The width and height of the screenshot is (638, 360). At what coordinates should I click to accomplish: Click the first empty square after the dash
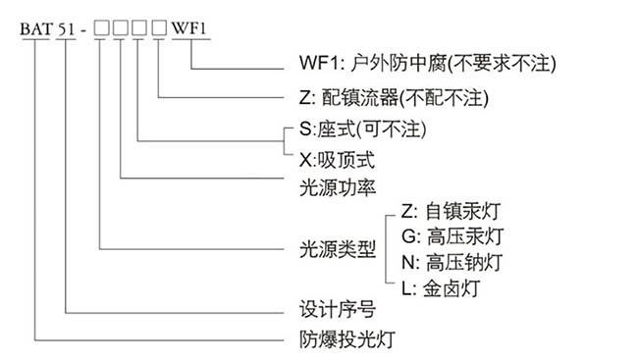pos(102,28)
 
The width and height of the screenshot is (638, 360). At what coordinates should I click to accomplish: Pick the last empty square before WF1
pos(159,28)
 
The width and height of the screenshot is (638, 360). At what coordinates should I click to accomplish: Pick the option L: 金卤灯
pos(444,289)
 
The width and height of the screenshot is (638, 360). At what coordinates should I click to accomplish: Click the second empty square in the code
pos(121,28)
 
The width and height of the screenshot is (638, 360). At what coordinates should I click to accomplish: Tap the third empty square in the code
pos(140,28)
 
